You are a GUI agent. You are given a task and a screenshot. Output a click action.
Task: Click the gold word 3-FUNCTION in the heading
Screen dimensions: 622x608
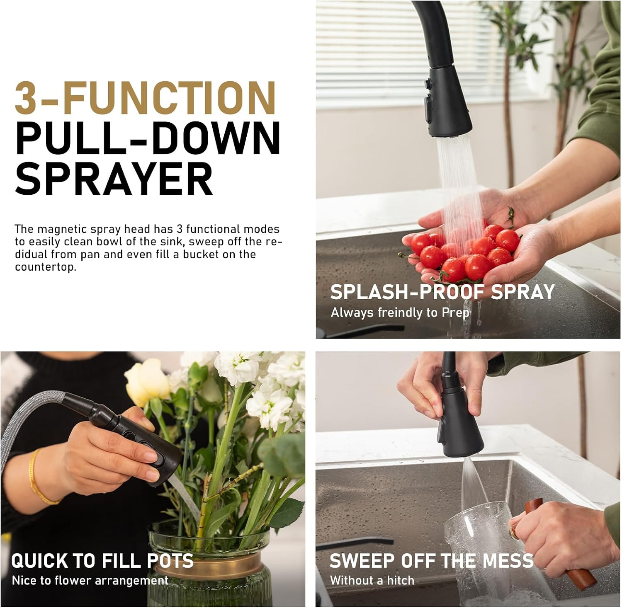145,98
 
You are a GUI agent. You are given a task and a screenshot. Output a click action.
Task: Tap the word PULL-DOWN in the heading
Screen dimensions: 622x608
148,138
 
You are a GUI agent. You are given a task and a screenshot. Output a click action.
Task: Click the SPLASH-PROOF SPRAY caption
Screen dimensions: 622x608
442,292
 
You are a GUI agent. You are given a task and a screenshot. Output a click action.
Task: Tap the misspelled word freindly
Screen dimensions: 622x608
399,312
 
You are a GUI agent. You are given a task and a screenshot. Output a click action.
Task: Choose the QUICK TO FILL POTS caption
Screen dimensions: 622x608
102,561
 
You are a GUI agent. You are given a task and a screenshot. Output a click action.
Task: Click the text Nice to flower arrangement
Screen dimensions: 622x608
90,581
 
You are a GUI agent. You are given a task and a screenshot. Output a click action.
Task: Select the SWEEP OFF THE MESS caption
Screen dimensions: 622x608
431,561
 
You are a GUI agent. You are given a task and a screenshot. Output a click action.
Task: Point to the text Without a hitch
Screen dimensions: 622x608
372,581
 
